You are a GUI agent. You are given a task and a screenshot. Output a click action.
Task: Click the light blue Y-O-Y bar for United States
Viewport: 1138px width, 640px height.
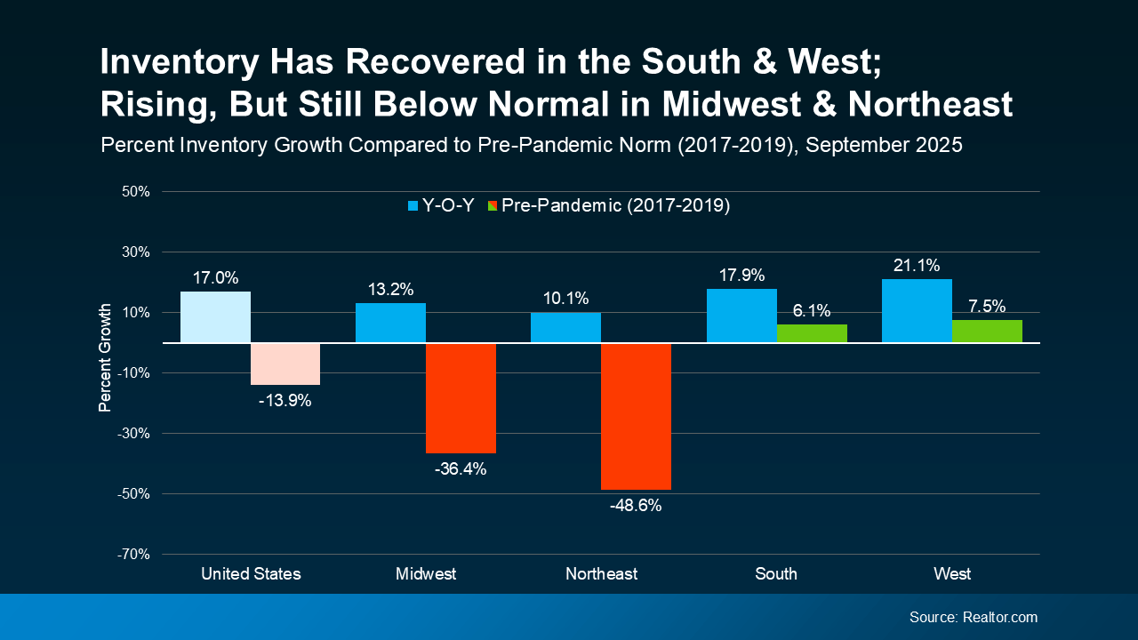[x=215, y=316]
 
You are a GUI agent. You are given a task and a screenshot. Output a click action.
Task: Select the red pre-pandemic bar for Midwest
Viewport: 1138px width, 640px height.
[x=461, y=397]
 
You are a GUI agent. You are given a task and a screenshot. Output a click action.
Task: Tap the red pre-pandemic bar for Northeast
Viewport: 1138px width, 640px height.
[x=636, y=416]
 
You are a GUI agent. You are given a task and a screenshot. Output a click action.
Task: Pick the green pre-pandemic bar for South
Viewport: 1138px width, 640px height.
[x=812, y=333]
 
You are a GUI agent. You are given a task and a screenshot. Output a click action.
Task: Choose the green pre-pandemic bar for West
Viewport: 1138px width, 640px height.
[x=987, y=331]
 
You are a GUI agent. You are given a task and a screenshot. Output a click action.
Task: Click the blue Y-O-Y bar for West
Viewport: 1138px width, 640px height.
[x=917, y=311]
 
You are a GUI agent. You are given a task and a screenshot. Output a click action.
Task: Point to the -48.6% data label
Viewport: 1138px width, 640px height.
[x=636, y=506]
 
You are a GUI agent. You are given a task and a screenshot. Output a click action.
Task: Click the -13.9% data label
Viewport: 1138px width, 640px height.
[x=285, y=401]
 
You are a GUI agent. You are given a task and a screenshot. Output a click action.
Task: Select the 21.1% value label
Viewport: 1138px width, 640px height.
[x=917, y=265]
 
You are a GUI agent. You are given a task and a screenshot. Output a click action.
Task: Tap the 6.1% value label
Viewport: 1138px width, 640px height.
[x=812, y=310]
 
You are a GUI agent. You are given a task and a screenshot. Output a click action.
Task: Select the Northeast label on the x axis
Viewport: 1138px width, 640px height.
[x=601, y=574]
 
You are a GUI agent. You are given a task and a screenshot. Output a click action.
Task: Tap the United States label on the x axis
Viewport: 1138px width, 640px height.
[x=251, y=574]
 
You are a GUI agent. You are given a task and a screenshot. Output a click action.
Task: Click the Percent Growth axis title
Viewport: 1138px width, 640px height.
[x=105, y=358]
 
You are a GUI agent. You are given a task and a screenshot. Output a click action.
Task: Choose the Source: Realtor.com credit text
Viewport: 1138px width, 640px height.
[x=973, y=617]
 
